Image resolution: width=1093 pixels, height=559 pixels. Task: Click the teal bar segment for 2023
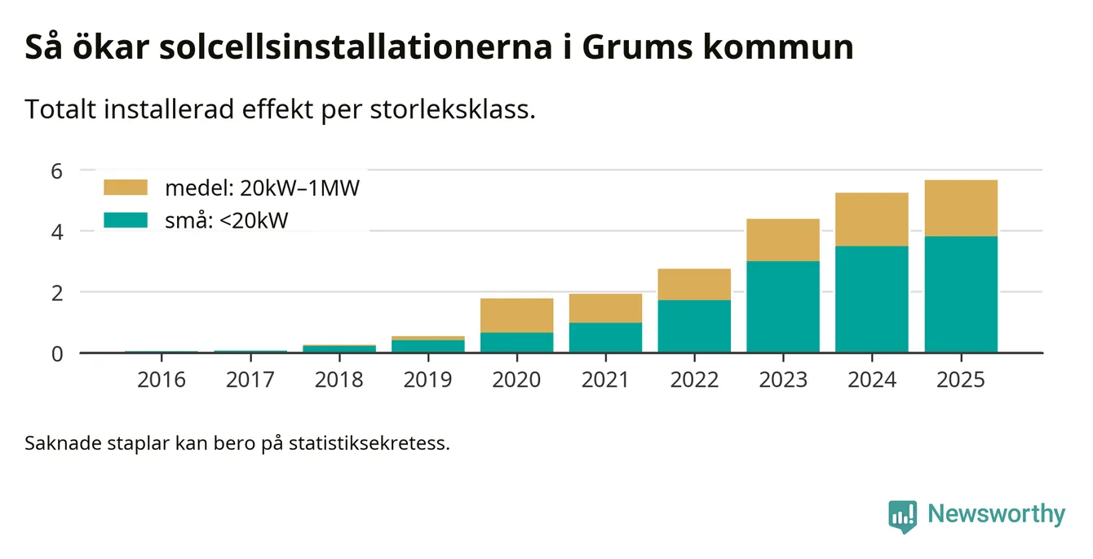point(783,307)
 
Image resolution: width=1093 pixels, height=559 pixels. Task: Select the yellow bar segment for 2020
point(516,315)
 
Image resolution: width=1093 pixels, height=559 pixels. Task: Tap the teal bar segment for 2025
point(961,294)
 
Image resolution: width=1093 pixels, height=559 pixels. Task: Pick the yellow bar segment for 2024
point(872,219)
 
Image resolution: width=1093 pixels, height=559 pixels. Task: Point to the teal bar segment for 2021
point(605,338)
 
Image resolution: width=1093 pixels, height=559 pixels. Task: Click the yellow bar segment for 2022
point(694,284)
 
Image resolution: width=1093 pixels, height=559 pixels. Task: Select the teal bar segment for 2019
point(427,346)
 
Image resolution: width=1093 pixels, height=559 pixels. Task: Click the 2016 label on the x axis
point(162,380)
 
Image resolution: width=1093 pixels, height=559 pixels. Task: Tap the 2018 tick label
point(339,380)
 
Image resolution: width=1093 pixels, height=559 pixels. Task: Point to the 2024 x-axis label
point(872,380)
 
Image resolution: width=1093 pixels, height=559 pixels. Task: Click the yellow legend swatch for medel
point(126,188)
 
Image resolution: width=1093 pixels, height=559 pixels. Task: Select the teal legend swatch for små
point(126,220)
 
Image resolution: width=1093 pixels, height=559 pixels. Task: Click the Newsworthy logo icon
point(902,516)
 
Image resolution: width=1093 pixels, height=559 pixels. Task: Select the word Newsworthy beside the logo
point(996,515)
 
